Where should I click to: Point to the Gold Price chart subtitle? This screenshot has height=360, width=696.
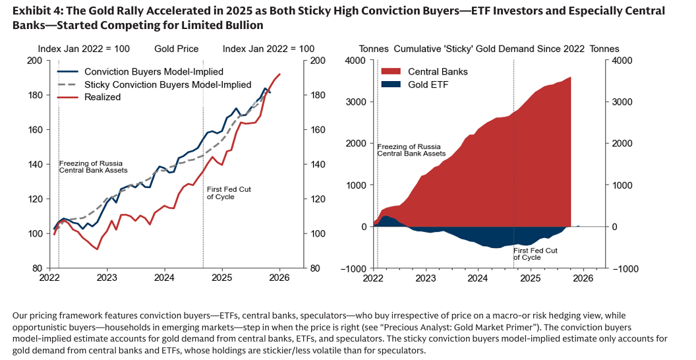point(176,49)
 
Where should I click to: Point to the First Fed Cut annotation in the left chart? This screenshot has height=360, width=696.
point(229,193)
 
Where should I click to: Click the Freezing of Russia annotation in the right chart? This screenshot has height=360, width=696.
point(412,149)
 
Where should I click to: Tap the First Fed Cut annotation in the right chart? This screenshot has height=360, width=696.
point(535,254)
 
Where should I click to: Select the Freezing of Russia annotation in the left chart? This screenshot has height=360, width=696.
point(93,165)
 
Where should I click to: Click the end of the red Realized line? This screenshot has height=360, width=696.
point(280,74)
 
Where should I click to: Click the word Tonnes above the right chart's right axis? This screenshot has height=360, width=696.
point(604,49)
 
